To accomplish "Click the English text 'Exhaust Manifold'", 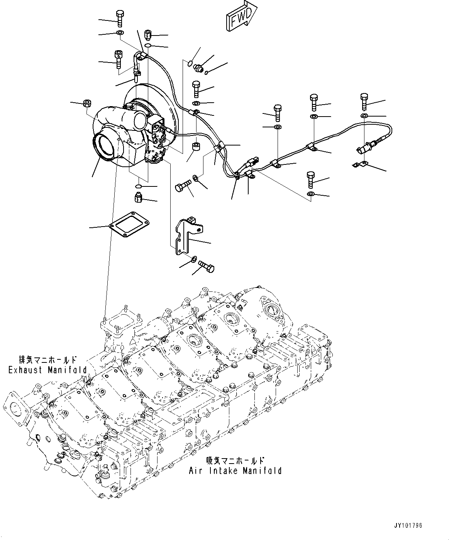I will [47, 370].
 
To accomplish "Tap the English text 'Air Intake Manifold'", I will [235, 471].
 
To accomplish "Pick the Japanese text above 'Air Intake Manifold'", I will [235, 460].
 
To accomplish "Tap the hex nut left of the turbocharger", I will [87, 103].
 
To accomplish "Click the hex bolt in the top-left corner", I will [119, 18].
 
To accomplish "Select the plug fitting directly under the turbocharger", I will [137, 198].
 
